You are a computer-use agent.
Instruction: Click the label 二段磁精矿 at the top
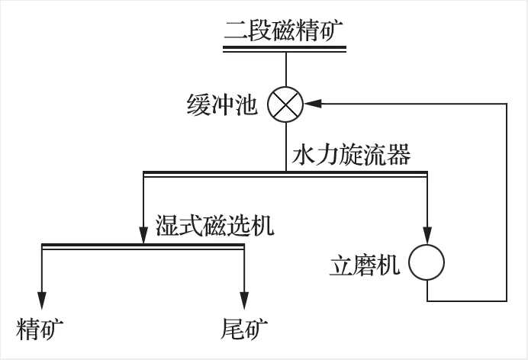point(284,31)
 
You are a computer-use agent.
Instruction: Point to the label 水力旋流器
point(351,156)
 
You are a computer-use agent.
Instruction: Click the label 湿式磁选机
point(214,226)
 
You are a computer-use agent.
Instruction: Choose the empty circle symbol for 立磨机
point(427,263)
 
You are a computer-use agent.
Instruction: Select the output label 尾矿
point(244,329)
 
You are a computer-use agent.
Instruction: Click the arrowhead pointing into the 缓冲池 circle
point(311,103)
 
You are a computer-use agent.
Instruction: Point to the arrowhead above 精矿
point(41,301)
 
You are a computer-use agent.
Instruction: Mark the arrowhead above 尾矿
point(244,301)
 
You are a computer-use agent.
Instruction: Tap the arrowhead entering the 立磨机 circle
point(427,239)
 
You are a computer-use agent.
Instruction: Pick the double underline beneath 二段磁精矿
point(285,48)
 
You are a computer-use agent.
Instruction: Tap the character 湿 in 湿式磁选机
point(166,226)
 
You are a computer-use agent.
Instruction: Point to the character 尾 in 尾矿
point(231,329)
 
